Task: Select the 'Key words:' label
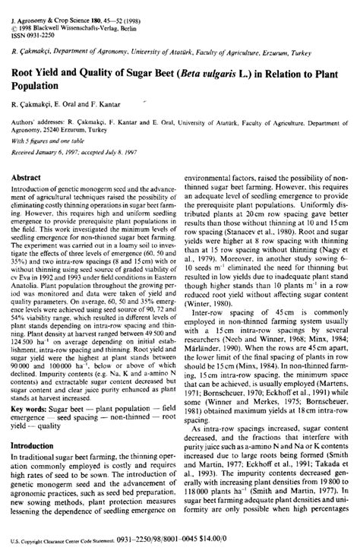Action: [30, 408]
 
